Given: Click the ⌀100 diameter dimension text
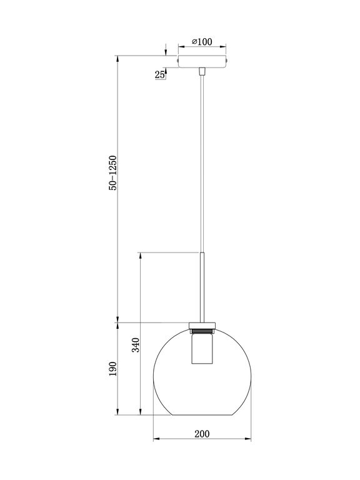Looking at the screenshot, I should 202,42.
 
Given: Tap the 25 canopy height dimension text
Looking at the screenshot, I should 160,75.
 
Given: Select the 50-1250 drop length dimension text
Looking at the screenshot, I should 113,172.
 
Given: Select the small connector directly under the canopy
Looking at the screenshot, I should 202,72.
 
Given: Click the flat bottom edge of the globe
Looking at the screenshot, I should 202,414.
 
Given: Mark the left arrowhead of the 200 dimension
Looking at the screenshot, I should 156,438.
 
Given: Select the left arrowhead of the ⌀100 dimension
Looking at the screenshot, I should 180,46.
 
